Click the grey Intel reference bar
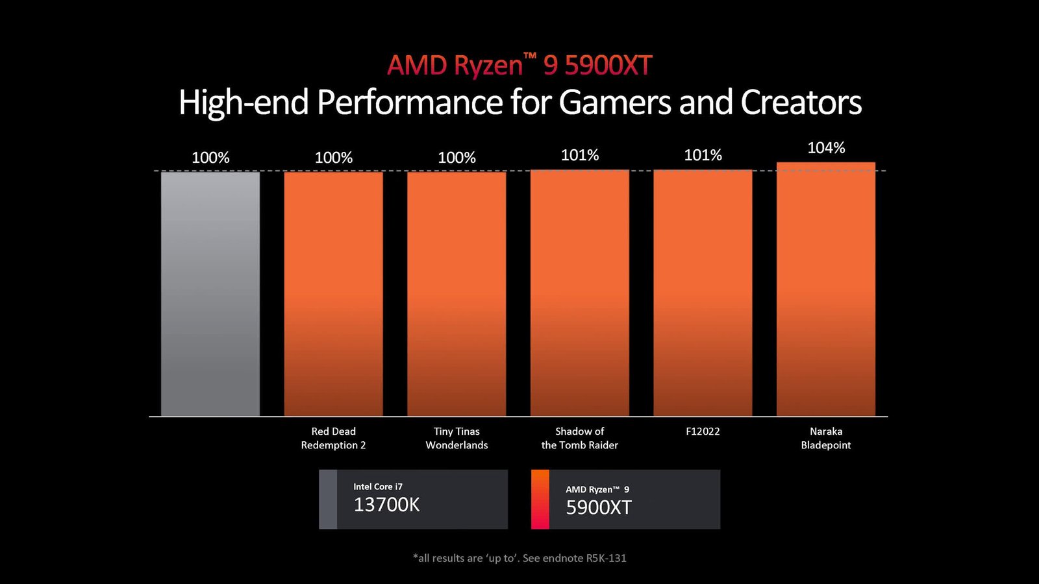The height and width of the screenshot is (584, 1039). pyautogui.click(x=210, y=293)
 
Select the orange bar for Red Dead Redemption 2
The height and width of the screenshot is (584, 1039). pyautogui.click(x=333, y=293)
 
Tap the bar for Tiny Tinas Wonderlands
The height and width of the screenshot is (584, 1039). pyautogui.click(x=457, y=293)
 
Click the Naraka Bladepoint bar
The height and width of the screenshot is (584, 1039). pyautogui.click(x=825, y=289)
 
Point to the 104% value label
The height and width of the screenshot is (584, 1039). pyautogui.click(x=826, y=148)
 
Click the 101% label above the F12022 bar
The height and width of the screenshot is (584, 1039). pyautogui.click(x=703, y=155)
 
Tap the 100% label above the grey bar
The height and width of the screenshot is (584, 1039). pyautogui.click(x=210, y=158)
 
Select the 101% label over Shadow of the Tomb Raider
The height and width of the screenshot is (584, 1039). pyautogui.click(x=579, y=155)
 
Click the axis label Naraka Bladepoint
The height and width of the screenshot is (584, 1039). pyautogui.click(x=825, y=438)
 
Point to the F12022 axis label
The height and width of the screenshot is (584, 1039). pyautogui.click(x=703, y=432)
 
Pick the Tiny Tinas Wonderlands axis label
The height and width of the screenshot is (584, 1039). pyautogui.click(x=457, y=438)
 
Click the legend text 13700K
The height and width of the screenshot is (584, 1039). pyautogui.click(x=386, y=505)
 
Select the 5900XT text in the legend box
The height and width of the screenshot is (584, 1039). pyautogui.click(x=598, y=507)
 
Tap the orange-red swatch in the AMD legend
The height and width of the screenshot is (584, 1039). pyautogui.click(x=540, y=499)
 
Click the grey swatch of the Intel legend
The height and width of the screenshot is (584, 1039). pyautogui.click(x=328, y=499)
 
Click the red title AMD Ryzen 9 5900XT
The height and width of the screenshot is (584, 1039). pyautogui.click(x=519, y=66)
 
